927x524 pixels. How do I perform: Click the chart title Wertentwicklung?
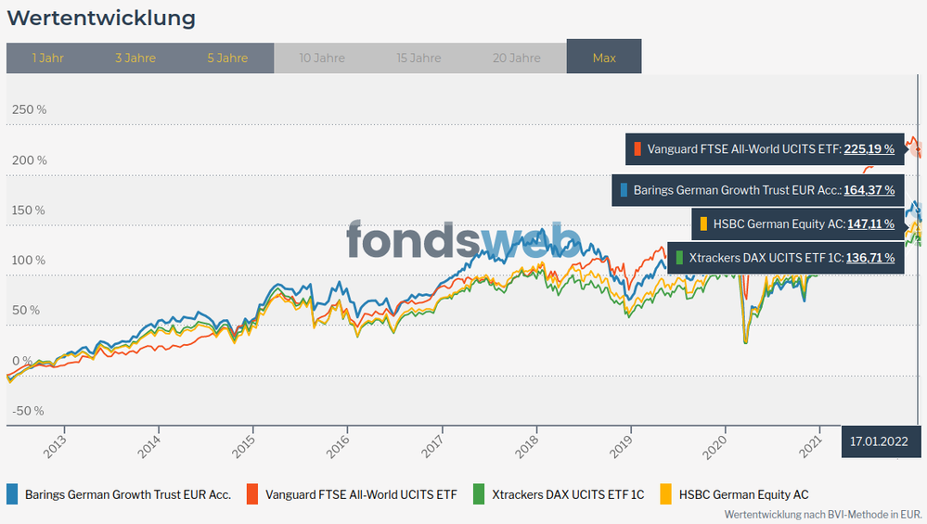(x=101, y=18)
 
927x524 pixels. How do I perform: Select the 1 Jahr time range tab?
(x=47, y=58)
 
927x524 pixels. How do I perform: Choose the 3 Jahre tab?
(x=135, y=58)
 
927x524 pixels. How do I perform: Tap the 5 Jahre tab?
(x=227, y=58)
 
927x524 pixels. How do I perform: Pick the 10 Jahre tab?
(x=322, y=58)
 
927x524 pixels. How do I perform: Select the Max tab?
(x=604, y=58)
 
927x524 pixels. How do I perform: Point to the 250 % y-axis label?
(x=29, y=110)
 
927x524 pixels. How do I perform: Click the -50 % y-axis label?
(x=28, y=411)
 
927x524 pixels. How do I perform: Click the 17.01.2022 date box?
(x=879, y=441)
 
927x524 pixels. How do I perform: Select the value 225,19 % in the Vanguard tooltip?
(x=869, y=148)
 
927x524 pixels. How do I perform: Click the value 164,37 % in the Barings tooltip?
(x=869, y=190)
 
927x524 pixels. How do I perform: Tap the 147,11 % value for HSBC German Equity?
(x=870, y=224)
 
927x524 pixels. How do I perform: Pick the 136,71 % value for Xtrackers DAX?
(x=869, y=257)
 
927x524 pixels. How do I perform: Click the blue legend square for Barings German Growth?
(x=13, y=494)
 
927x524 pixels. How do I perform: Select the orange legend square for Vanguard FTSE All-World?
(x=251, y=494)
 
